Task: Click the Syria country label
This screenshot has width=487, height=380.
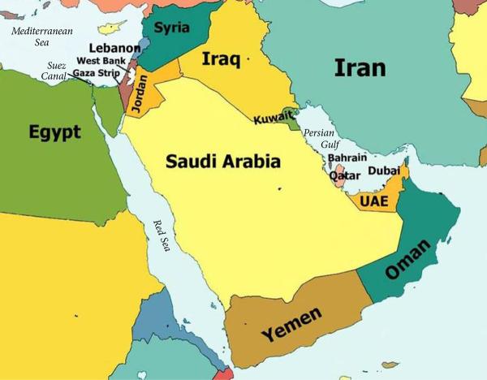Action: click(171, 28)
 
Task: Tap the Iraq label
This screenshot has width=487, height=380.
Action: click(223, 59)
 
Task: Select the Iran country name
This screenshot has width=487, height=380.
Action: click(360, 67)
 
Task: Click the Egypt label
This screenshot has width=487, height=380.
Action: click(54, 132)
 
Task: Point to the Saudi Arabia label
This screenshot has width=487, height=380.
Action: click(223, 161)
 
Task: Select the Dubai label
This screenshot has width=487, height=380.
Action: click(384, 171)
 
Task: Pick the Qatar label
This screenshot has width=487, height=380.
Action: click(344, 175)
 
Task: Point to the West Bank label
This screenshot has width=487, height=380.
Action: click(102, 61)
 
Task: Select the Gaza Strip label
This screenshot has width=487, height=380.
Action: click(97, 72)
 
